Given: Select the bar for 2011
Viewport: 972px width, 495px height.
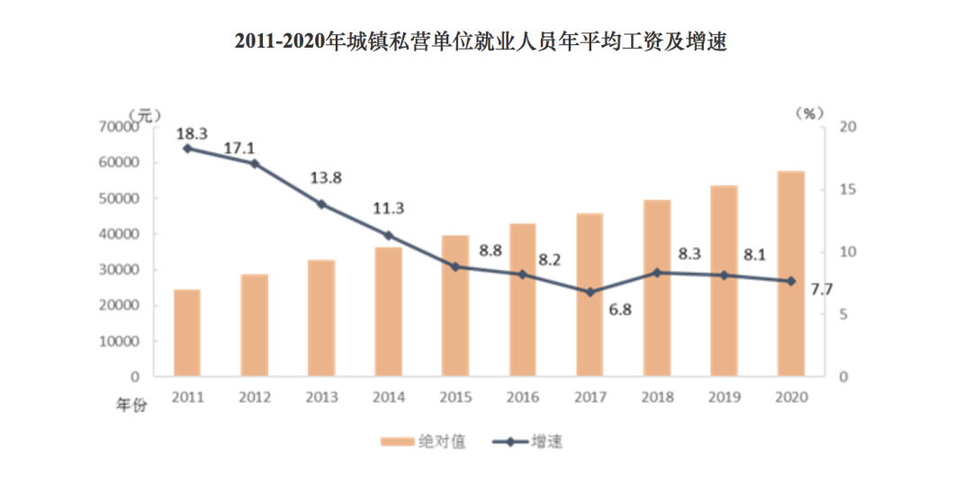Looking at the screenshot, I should (x=187, y=333).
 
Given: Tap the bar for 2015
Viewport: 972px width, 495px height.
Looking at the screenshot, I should (x=454, y=306).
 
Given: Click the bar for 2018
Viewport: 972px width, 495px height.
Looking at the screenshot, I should (x=657, y=288).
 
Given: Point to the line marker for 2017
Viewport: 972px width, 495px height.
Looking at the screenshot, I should (x=589, y=292).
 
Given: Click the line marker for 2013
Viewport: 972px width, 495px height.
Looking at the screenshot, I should (x=321, y=204).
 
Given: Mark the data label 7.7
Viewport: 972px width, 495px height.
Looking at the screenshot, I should (x=822, y=290).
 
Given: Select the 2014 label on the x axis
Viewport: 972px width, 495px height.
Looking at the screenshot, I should (x=388, y=397).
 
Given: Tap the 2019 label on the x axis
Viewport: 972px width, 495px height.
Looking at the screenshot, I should (x=724, y=397).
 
